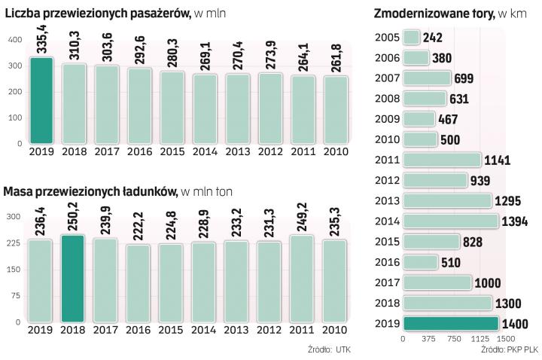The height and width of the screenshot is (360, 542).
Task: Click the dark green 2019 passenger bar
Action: tap(42, 100)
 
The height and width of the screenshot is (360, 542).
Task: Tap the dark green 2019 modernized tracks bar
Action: tap(451, 323)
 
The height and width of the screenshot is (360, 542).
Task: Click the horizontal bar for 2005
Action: tap(412, 38)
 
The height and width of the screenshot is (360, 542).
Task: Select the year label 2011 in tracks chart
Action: tap(386, 160)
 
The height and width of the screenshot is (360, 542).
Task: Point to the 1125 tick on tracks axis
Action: tap(481, 339)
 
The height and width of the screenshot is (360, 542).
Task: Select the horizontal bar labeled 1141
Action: tap(442, 160)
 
